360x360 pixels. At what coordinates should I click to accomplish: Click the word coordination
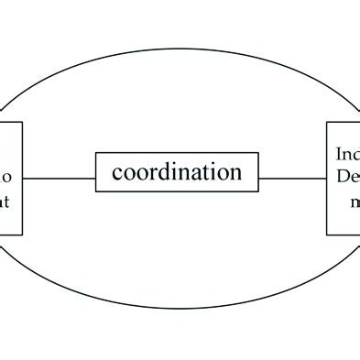(177, 172)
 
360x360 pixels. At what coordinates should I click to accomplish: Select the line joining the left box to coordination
(60, 179)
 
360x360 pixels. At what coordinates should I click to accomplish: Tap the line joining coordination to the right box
(294, 179)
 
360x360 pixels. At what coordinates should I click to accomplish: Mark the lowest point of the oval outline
(179, 308)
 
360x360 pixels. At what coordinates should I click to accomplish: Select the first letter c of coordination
(116, 173)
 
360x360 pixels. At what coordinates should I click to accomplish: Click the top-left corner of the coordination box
(96, 154)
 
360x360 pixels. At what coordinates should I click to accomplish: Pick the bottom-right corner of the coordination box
(261, 191)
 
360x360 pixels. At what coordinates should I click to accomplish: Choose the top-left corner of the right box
(328, 123)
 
